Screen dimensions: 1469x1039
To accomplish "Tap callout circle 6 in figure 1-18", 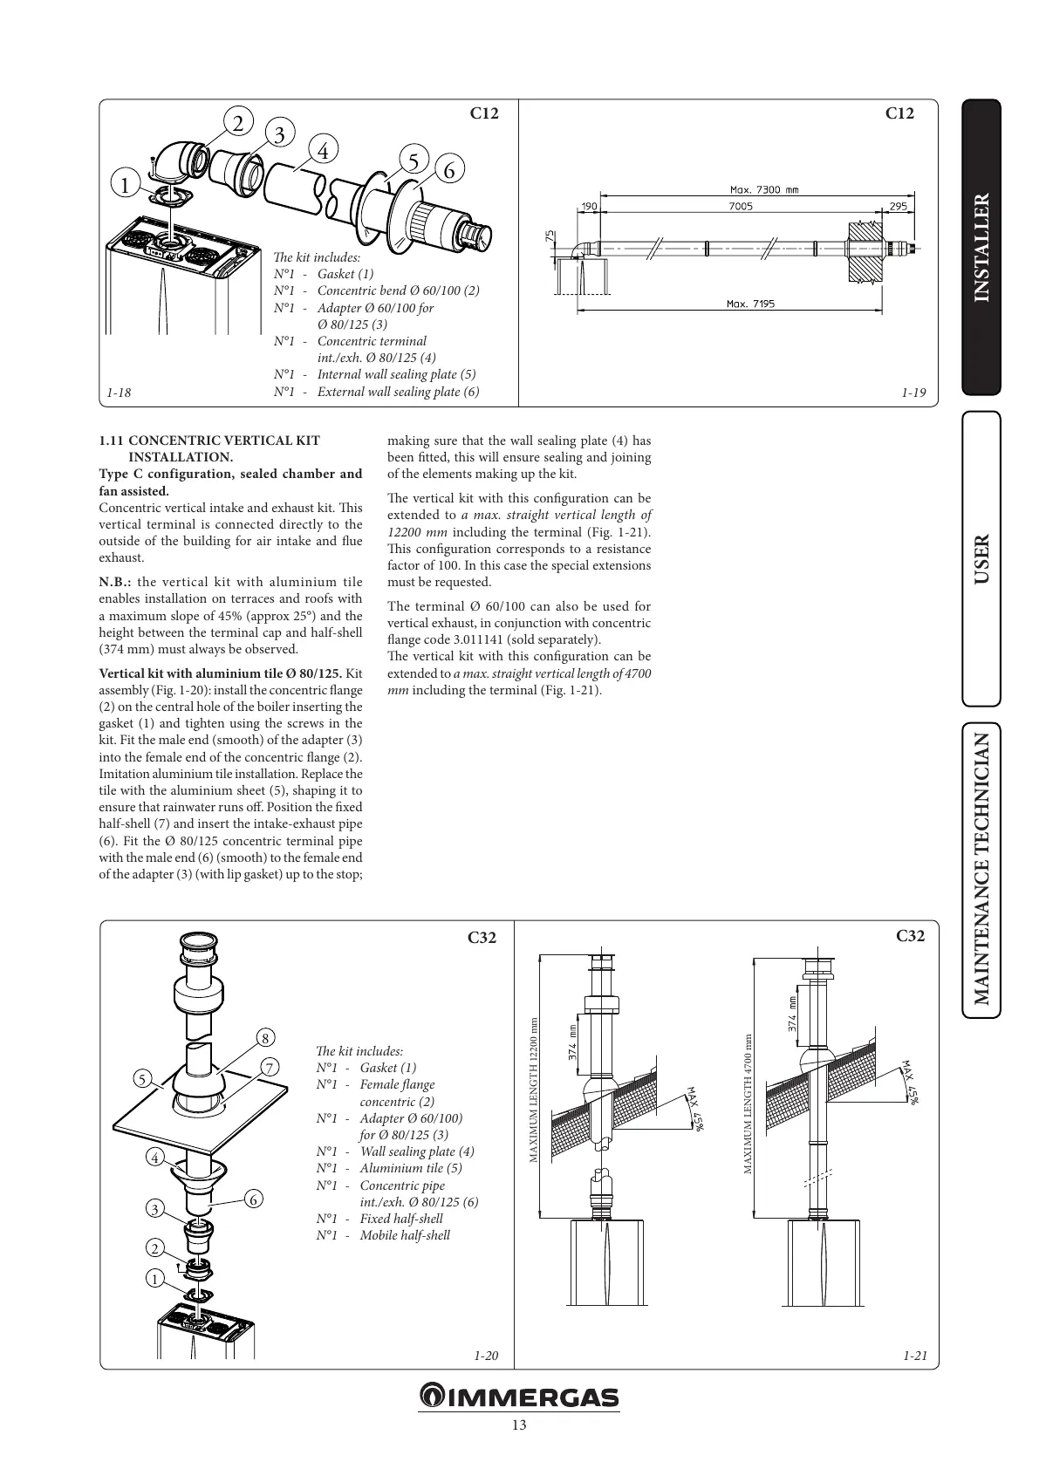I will pyautogui.click(x=448, y=170).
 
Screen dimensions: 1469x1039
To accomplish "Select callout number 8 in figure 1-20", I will pyautogui.click(x=263, y=1037).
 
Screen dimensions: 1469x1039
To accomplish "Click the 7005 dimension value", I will pyautogui.click(x=740, y=207).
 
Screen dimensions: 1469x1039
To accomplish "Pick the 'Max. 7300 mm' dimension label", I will pyautogui.click(x=762, y=189).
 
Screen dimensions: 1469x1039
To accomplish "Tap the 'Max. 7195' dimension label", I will pyautogui.click(x=750, y=304).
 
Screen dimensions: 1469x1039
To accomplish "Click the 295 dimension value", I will pyautogui.click(x=898, y=207).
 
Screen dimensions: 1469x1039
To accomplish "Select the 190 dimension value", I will pyautogui.click(x=588, y=207).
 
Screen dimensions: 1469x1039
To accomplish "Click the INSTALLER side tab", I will pyautogui.click(x=981, y=247).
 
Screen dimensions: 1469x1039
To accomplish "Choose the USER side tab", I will pyautogui.click(x=981, y=558).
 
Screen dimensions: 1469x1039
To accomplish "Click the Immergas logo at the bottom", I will pyautogui.click(x=519, y=1397).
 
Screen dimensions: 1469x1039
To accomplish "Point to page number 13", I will pyautogui.click(x=519, y=1425).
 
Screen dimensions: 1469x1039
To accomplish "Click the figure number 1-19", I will pyautogui.click(x=913, y=393).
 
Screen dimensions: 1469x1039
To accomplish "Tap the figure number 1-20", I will pyautogui.click(x=486, y=1356).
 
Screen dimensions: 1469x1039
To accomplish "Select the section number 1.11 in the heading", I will pyautogui.click(x=112, y=441).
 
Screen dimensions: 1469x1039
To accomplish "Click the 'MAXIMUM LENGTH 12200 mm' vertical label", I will pyautogui.click(x=534, y=1090).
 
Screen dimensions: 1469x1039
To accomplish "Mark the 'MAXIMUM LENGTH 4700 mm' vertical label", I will pyautogui.click(x=748, y=1104).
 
